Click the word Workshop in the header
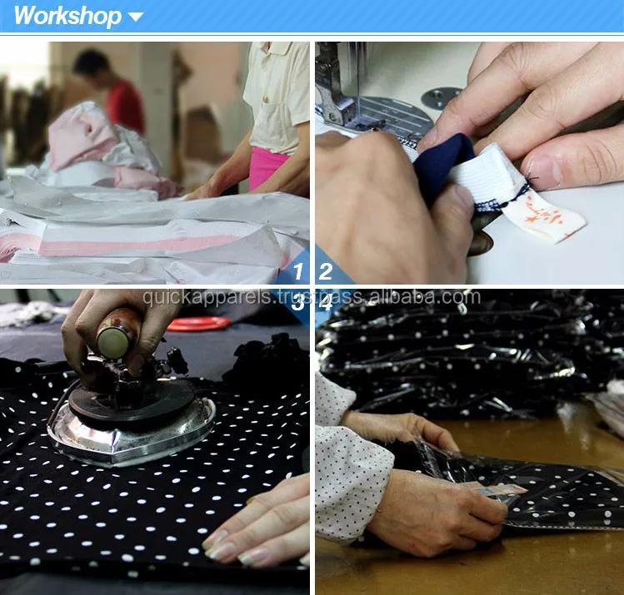point(67,16)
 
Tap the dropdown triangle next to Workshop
point(136,17)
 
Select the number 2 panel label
point(325,270)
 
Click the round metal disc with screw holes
point(441,97)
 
